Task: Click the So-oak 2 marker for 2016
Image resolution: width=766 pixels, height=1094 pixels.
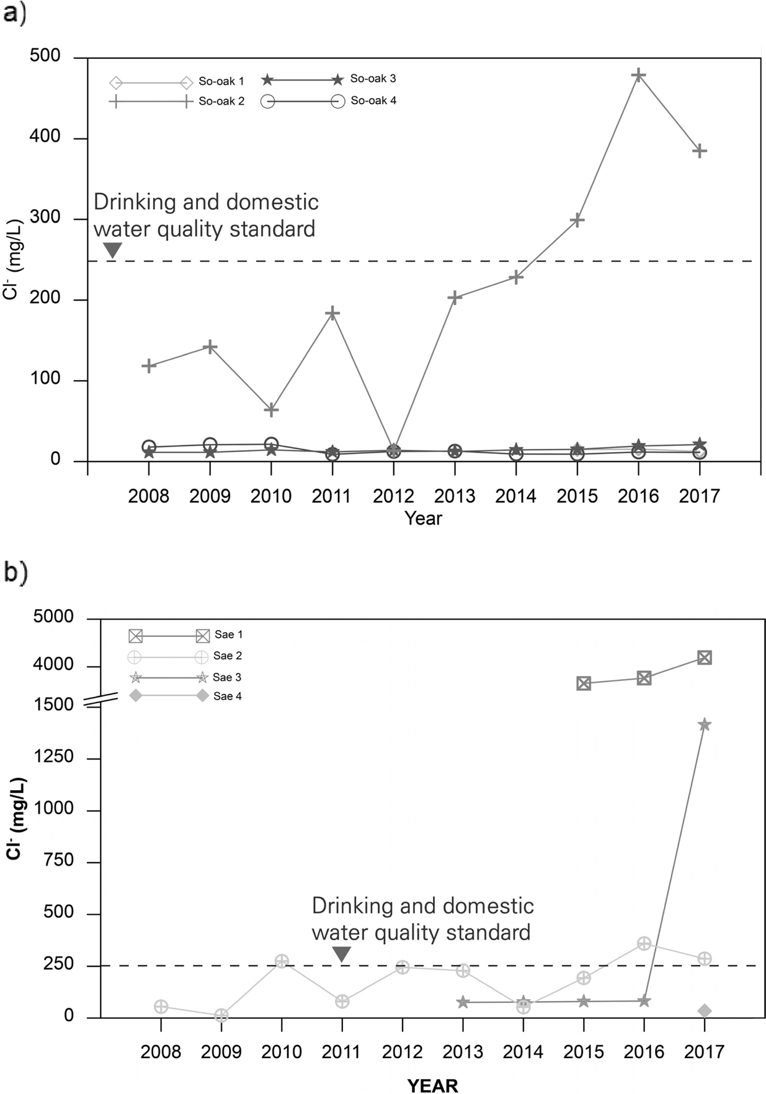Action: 638,75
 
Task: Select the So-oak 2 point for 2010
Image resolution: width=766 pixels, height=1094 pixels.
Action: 271,410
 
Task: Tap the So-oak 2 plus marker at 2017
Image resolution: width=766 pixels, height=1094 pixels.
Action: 700,151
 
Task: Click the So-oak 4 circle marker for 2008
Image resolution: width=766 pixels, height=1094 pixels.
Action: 149,447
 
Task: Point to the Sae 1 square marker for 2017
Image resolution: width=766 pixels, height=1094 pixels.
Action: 705,657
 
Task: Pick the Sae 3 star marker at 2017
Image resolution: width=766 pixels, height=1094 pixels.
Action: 705,724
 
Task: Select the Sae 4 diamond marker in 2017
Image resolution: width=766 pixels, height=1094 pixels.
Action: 705,1011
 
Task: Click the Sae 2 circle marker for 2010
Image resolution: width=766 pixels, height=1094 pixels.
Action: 282,961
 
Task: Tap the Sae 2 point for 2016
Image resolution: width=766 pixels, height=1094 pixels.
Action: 644,943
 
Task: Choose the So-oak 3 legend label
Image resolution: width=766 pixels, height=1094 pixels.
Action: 373,79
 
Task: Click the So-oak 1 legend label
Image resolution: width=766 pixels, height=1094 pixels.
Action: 221,81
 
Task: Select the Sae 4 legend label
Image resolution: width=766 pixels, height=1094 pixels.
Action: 228,696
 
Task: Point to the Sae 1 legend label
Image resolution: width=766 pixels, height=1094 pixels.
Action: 229,634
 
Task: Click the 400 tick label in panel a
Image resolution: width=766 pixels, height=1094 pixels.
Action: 45,137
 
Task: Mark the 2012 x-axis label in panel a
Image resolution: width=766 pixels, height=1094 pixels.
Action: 393,496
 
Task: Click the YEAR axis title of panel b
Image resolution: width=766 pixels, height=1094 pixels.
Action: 432,1085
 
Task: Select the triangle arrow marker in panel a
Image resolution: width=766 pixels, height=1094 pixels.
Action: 112,250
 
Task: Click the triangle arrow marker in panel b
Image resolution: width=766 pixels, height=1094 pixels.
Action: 342,954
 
